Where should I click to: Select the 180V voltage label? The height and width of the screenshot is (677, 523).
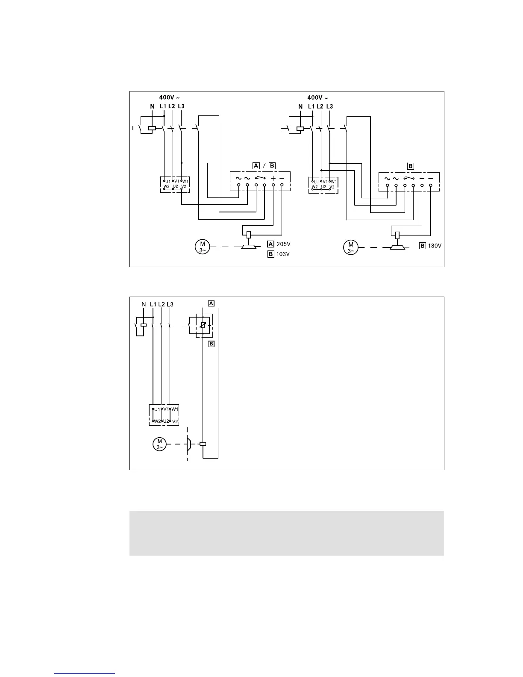(x=435, y=246)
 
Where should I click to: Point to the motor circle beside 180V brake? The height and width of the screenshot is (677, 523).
(x=351, y=247)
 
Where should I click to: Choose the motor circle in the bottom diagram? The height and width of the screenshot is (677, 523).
(x=159, y=444)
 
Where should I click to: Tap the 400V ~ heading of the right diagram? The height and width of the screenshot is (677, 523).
(x=318, y=98)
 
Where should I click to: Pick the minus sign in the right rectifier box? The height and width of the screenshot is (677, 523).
(x=431, y=178)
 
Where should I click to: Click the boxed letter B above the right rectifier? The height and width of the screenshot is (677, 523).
(x=411, y=166)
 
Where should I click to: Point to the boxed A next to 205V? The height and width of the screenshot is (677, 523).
(x=270, y=244)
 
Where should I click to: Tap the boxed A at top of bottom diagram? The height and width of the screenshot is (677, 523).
(x=211, y=303)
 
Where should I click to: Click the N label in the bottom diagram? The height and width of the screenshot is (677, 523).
(x=144, y=304)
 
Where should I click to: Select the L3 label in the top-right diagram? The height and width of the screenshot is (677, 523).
(x=329, y=106)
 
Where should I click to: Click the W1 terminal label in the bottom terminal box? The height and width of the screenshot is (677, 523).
(x=175, y=409)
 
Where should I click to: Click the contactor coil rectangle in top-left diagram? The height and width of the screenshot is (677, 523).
(x=151, y=128)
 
